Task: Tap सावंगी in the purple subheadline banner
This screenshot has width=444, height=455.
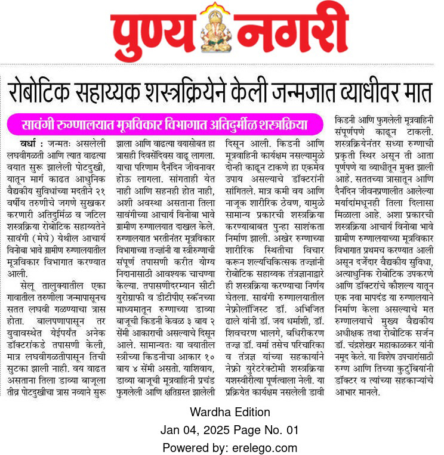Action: point(39,126)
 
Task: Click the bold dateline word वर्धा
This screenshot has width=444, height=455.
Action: point(30,144)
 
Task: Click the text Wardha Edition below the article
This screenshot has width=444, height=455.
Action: point(222,412)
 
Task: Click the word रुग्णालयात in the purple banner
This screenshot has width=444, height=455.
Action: point(85,126)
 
